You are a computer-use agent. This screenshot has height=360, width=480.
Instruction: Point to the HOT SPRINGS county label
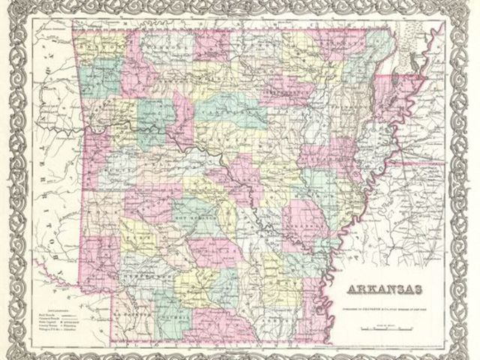[196, 211]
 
